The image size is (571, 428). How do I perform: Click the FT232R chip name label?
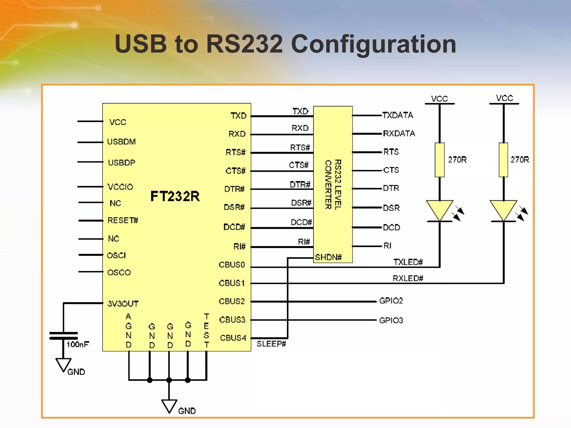coord(175,196)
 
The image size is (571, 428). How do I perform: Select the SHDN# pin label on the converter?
coord(328,257)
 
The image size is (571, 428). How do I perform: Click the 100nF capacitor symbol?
coord(64,336)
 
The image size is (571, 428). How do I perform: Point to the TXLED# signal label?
coord(408,262)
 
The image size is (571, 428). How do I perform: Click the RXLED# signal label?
coord(408,278)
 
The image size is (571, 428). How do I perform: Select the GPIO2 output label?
coord(391,301)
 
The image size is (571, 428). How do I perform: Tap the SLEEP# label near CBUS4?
coord(271,344)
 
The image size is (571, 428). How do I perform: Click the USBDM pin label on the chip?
coord(121,142)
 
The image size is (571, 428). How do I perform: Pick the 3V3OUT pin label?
coord(123,304)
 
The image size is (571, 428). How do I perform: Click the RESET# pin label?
coord(123,220)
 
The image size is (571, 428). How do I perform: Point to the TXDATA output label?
coord(397,115)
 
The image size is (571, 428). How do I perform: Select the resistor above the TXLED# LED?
coord(440,160)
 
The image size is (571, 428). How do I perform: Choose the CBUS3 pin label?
coord(232,320)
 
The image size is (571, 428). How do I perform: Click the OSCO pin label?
coord(119,273)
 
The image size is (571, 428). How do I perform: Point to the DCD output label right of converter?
coord(391,228)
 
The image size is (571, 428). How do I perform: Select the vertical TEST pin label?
coord(206,331)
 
